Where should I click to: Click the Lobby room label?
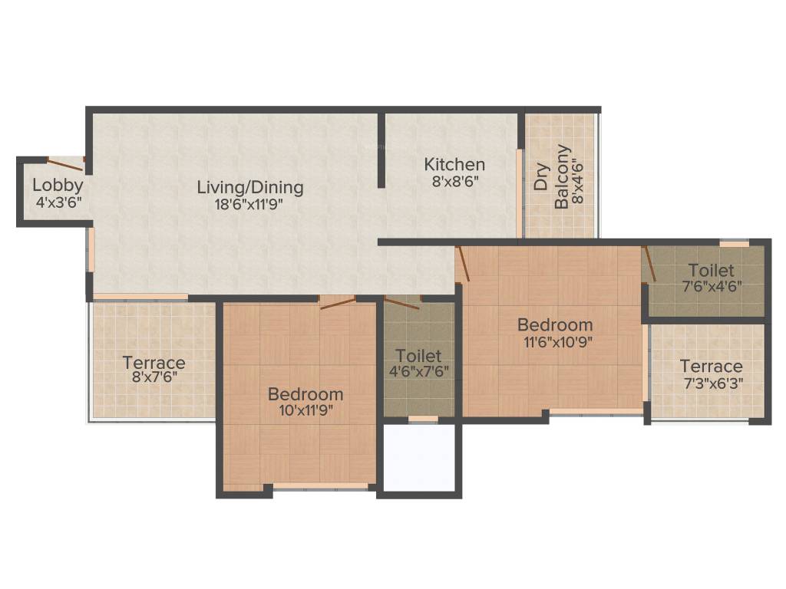pos(58,185)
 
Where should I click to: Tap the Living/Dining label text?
pos(250,187)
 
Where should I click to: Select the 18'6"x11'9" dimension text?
pos(250,204)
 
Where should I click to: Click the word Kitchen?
pos(454,164)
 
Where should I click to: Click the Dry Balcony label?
pos(552,177)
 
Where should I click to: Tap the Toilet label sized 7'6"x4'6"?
pos(710,271)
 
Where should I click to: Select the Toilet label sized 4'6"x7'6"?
pos(418,356)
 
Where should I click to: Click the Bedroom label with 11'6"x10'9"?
pos(554,324)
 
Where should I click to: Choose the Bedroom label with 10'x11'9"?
pos(305,394)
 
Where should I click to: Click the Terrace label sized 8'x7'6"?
pos(154,363)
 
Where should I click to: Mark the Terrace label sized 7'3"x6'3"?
pos(711,367)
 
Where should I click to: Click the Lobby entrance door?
pos(65,162)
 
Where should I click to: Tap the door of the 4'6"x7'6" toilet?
pos(402,302)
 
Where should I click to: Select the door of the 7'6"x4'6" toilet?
pos(649,265)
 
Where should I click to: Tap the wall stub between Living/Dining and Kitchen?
pos(381,150)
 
